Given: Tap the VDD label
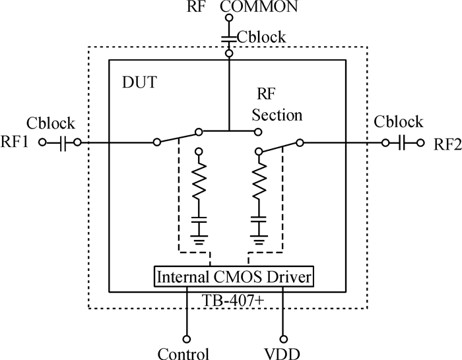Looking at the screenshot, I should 285,353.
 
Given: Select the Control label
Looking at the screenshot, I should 183,353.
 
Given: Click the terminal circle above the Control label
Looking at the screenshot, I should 187,338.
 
